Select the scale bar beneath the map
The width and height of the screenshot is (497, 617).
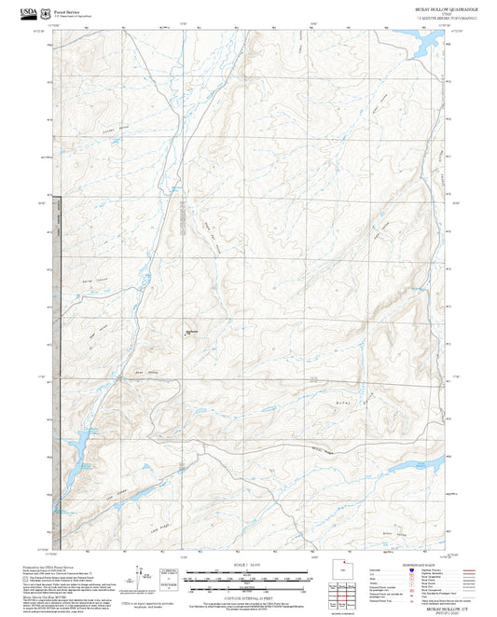(247, 578)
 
